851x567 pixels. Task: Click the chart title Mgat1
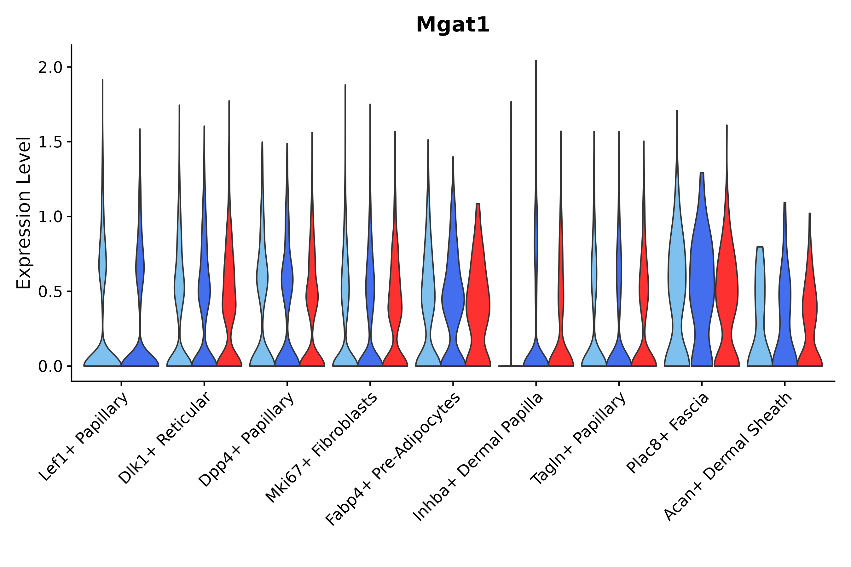[x=453, y=25]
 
